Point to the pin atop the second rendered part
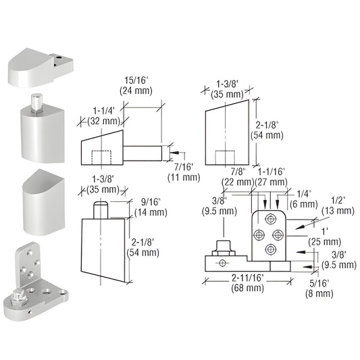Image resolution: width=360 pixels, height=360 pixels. point(36,105)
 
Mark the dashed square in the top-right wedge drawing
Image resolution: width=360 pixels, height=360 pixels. point(224,157)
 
